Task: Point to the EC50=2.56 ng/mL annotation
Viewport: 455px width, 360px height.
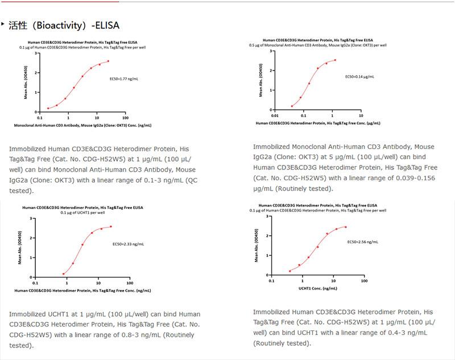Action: point(363,242)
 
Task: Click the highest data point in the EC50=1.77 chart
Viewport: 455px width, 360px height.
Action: point(108,61)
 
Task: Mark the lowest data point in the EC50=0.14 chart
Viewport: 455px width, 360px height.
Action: point(292,106)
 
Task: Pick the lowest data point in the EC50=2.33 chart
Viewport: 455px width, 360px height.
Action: point(63,274)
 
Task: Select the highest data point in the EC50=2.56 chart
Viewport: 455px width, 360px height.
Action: point(345,227)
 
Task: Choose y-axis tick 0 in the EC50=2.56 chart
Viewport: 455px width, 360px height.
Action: point(266,275)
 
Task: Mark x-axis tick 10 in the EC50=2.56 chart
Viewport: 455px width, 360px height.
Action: point(333,280)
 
